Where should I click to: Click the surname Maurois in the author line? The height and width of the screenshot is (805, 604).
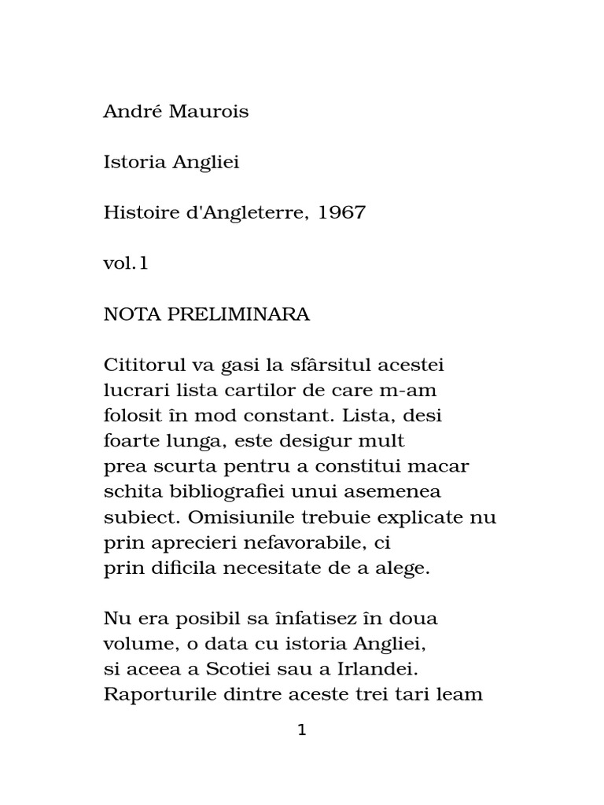[x=212, y=112]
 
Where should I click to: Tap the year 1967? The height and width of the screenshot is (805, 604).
[x=342, y=213]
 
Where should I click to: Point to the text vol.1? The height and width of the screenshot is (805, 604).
[x=126, y=264]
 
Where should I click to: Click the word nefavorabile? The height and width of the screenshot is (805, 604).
[x=320, y=544]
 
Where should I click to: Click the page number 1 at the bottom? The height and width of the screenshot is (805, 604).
[x=302, y=731]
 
